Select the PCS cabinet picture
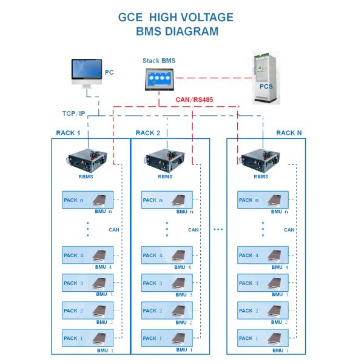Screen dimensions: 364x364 tap(265, 79)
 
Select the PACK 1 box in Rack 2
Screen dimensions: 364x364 tap(166, 338)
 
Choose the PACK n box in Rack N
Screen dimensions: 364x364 tap(263, 200)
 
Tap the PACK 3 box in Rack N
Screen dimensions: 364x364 tap(263, 283)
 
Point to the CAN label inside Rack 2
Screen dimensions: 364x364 tap(194, 230)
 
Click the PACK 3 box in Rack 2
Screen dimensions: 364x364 tap(166, 283)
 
